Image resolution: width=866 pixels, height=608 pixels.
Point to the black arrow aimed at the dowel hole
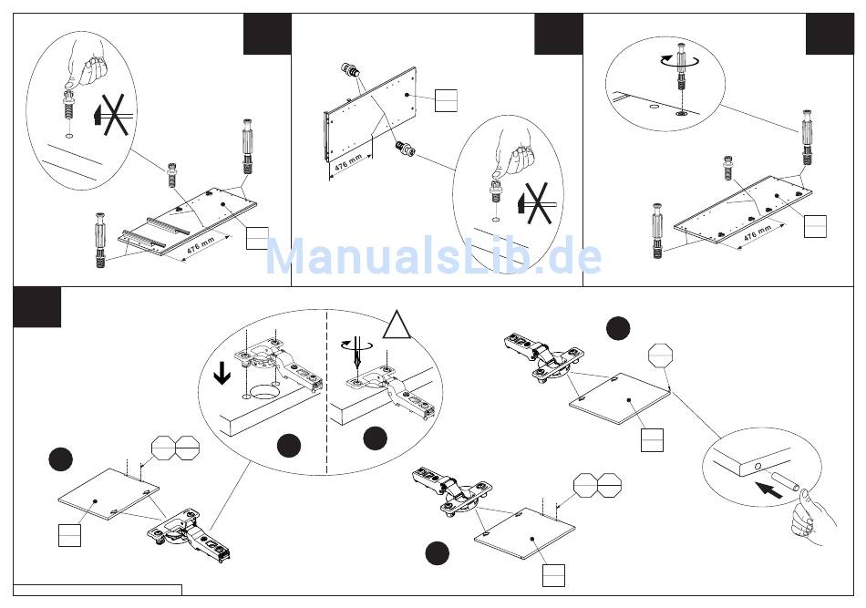[x=769, y=490]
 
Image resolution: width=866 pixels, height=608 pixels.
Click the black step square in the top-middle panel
[x=558, y=34]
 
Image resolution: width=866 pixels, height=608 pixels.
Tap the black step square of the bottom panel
[x=36, y=307]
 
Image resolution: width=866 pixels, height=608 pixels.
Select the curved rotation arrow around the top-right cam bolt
[x=679, y=58]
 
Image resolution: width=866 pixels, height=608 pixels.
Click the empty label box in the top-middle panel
[x=445, y=99]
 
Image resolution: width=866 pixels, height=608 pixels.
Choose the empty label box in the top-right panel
[x=815, y=224]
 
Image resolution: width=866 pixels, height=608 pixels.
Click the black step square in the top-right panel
[x=830, y=34]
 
